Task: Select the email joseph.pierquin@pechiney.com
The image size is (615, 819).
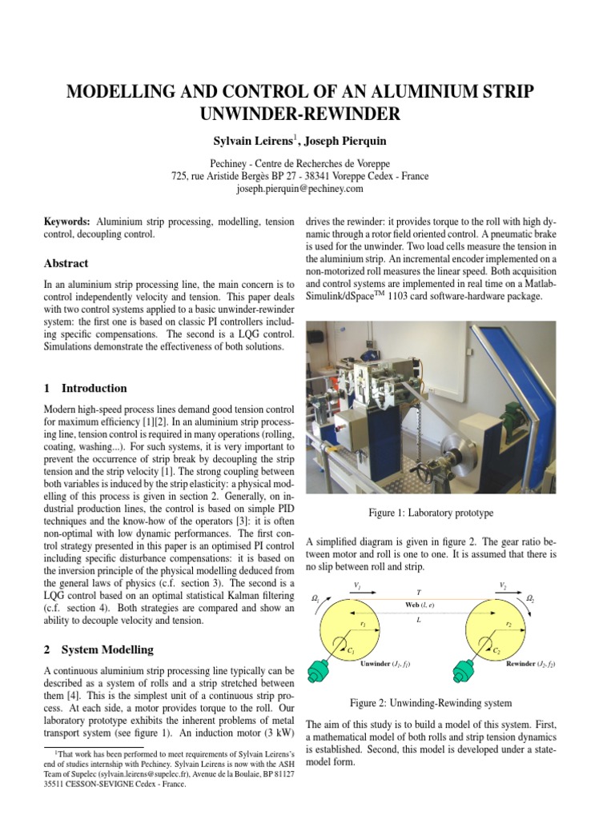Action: point(299,189)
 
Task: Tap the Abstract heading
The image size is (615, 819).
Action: point(66,263)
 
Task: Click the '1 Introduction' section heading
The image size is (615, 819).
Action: point(85,388)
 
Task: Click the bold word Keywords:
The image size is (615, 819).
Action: point(67,220)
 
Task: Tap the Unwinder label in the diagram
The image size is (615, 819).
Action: point(380,663)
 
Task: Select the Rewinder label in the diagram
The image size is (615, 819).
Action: point(525,663)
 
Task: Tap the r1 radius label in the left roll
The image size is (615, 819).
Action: point(363,622)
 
